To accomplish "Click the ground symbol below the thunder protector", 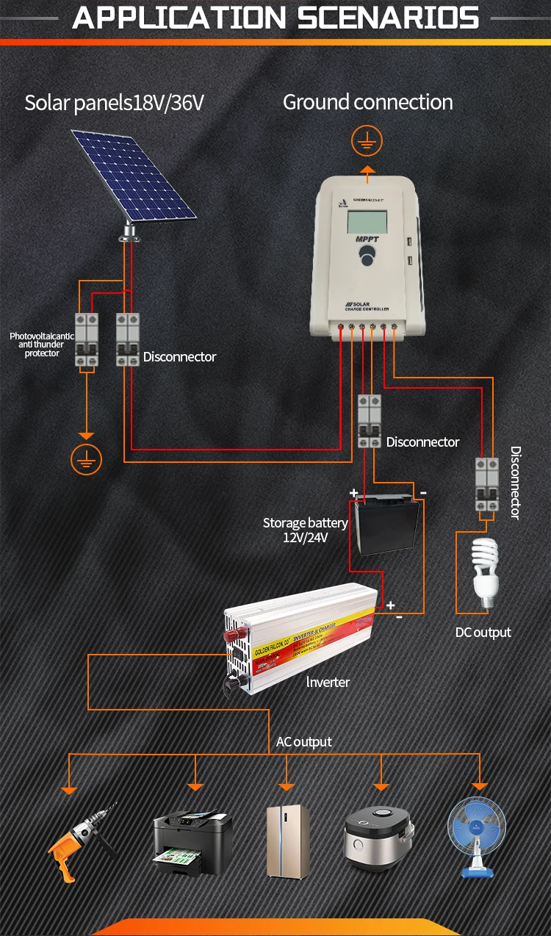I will pyautogui.click(x=86, y=460).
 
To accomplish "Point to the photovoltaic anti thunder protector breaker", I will pyautogui.click(x=86, y=339).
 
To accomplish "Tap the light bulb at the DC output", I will pyautogui.click(x=485, y=572).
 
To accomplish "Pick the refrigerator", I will pyautogui.click(x=287, y=840).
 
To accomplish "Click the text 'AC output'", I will pyautogui.click(x=304, y=742).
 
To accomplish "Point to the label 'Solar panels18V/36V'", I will pyautogui.click(x=114, y=103).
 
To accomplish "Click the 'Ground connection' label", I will pyautogui.click(x=368, y=102).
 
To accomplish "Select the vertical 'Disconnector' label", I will pyautogui.click(x=515, y=482).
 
